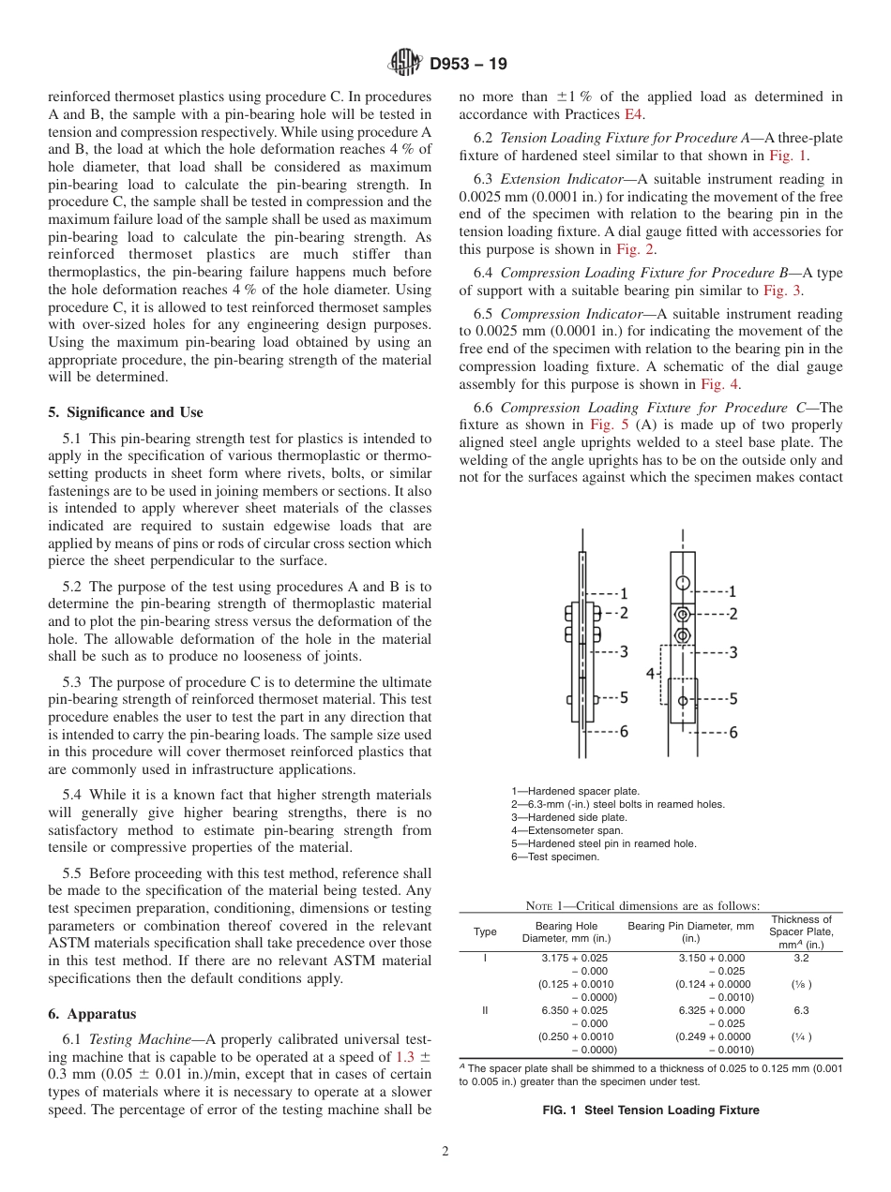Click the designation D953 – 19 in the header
tap(469, 65)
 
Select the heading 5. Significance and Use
tap(125, 412)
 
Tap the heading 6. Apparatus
tap(91, 1014)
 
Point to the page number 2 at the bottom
tap(445, 1152)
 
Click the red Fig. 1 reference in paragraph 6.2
tap(789, 156)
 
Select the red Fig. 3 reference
tap(783, 291)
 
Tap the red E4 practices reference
tap(635, 114)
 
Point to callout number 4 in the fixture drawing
tap(650, 674)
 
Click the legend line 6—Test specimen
tap(555, 857)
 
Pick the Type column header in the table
tap(485, 931)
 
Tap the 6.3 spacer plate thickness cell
tap(800, 1011)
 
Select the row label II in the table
tap(485, 1011)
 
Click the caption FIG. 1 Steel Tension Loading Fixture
tap(650, 1110)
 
